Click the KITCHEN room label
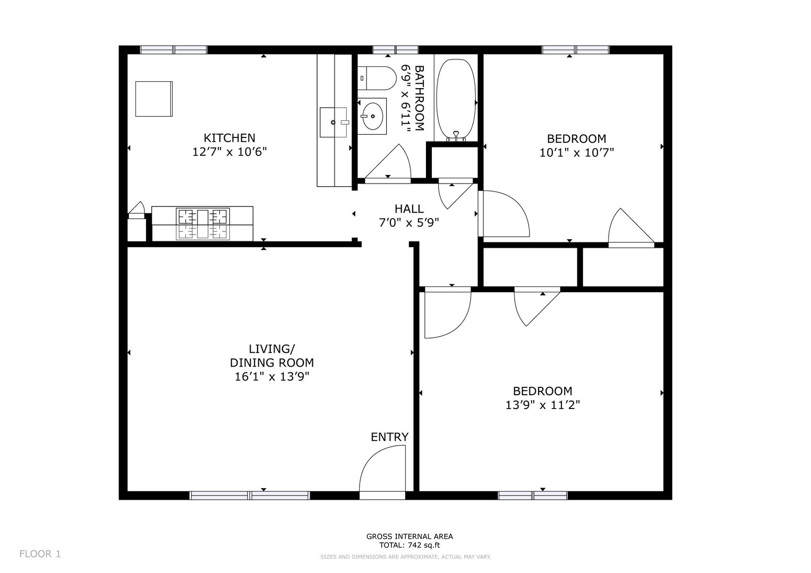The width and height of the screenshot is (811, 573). click(229, 138)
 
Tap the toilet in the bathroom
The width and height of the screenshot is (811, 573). click(377, 78)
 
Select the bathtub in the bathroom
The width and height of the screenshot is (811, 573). click(456, 100)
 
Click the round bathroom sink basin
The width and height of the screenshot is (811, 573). click(372, 116)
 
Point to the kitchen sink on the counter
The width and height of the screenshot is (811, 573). click(334, 122)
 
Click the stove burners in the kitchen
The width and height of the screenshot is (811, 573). click(203, 223)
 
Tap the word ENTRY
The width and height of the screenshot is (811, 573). click(390, 437)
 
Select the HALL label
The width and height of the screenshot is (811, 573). click(409, 209)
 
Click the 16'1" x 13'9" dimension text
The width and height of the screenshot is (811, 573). click(272, 377)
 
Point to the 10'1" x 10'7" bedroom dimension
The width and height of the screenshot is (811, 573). click(577, 153)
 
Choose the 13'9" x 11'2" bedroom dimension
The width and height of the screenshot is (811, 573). click(543, 405)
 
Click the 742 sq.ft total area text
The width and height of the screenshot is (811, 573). click(424, 545)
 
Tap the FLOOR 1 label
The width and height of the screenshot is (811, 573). click(40, 554)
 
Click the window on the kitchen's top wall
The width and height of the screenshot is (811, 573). click(174, 50)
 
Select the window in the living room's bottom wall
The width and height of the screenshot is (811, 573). click(250, 496)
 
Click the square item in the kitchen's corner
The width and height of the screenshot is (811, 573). click(154, 99)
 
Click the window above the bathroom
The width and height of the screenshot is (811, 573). click(396, 50)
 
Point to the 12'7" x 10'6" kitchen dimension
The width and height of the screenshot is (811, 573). click(229, 152)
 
